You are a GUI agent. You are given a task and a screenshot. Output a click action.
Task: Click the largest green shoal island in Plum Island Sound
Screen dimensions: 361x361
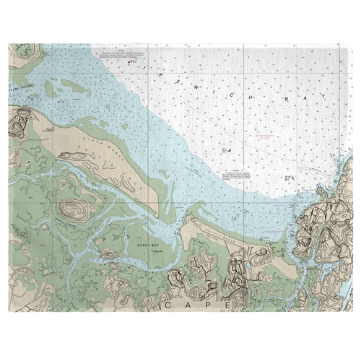click(x=72, y=88)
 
